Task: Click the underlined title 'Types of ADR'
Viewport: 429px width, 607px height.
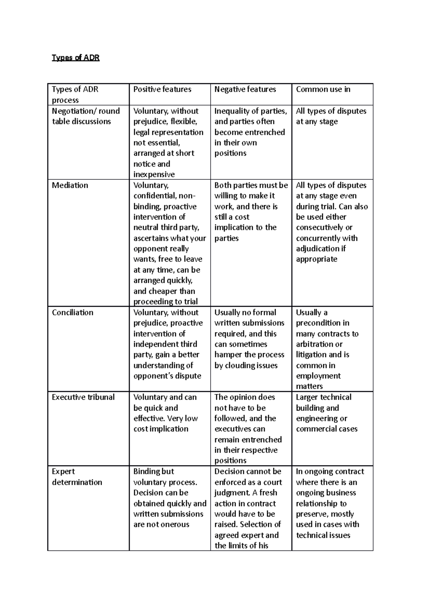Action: click(75, 58)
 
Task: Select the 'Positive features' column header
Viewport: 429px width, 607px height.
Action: click(162, 89)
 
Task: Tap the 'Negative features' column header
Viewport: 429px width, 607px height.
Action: click(245, 89)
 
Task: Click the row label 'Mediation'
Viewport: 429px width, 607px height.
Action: click(70, 185)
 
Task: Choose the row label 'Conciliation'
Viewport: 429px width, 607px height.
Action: click(73, 312)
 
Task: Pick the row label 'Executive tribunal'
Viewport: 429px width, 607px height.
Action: click(83, 397)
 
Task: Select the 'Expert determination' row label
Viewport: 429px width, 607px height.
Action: click(77, 477)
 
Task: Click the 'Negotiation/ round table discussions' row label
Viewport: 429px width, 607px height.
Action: click(85, 116)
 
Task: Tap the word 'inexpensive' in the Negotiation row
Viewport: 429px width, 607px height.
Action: click(154, 174)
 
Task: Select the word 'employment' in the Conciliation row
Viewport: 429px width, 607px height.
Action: click(318, 376)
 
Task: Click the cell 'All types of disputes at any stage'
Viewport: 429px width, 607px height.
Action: click(331, 116)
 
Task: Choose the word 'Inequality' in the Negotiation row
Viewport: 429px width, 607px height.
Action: click(231, 111)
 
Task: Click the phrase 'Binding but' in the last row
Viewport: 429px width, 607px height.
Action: click(153, 472)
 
